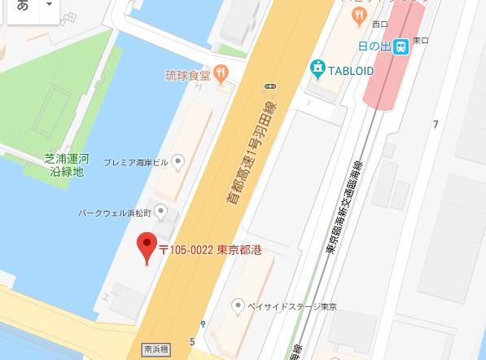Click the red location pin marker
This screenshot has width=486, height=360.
pyautogui.click(x=147, y=247)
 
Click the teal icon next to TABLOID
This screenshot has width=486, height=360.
pyautogui.click(x=317, y=68)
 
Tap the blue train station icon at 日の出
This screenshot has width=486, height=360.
pyautogui.click(x=401, y=48)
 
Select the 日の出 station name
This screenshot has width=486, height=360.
pyautogui.click(x=374, y=48)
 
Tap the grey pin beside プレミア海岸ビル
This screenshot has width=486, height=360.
pyautogui.click(x=181, y=162)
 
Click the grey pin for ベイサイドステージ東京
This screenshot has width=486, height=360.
pyautogui.click(x=238, y=305)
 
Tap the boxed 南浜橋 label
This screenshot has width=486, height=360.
pyautogui.click(x=155, y=346)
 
